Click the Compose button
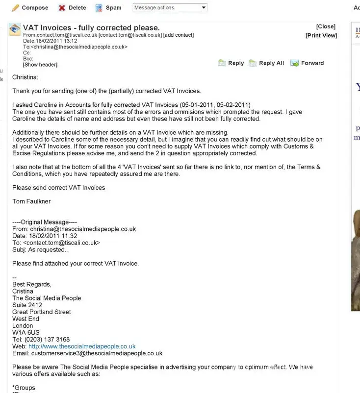pos(30,8)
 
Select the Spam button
pos(108,8)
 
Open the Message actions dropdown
pos(170,8)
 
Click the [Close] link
pos(326,26)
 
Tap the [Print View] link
pos(321,35)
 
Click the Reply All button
pos(266,63)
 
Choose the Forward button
pos(308,63)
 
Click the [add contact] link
pos(179,35)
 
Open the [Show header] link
pos(40,65)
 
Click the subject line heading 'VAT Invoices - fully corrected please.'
pos(91,27)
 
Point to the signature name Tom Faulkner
pos(31,201)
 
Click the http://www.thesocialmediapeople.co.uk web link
pos(82,346)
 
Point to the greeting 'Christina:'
pos(25,77)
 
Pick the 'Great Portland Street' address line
pos(42,312)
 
